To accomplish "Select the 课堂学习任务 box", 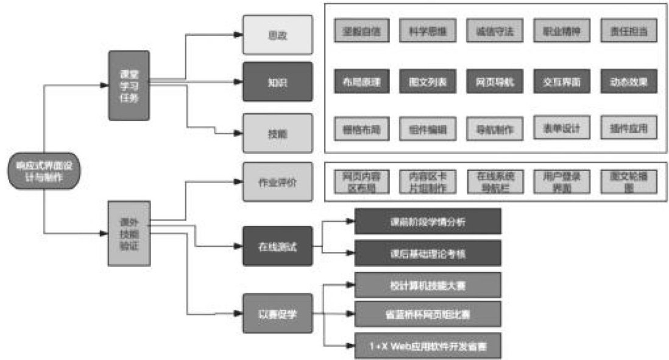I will pos(129,85).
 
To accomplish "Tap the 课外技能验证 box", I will pos(129,233).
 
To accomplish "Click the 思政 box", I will pos(277,35).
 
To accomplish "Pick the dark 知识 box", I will pos(277,81).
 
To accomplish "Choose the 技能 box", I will pos(277,132).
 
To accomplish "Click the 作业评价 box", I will pos(277,182).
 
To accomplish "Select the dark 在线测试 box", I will pos(277,245).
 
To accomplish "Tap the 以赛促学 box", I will pos(277,314).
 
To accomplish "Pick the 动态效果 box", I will pos(628,81).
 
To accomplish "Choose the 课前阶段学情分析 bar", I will pos(427,221).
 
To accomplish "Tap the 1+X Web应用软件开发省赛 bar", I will pos(427,345).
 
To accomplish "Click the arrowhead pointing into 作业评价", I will pos(239,182).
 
